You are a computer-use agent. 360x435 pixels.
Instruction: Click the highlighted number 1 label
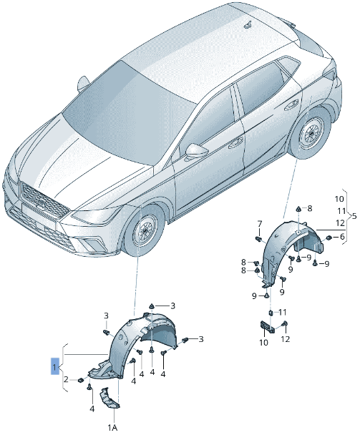(54, 368)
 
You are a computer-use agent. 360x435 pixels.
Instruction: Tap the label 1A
(112, 426)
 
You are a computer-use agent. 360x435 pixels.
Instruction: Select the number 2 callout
(66, 379)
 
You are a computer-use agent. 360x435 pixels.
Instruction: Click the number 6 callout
(341, 237)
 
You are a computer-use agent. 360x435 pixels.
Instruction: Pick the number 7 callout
(260, 223)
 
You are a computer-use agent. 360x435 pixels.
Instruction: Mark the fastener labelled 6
(329, 237)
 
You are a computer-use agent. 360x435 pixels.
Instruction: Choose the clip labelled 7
(259, 237)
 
